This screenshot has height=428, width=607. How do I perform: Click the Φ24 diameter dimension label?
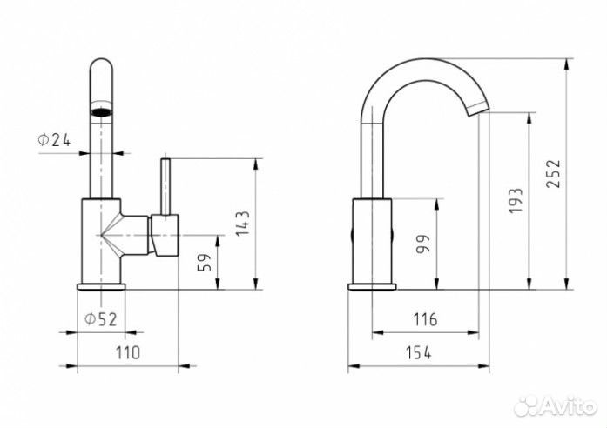53,139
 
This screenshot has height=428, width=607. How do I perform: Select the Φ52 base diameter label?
100,319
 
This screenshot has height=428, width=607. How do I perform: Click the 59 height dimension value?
206,262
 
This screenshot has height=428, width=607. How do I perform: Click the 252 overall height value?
555,174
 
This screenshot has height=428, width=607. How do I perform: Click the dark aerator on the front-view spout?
102,111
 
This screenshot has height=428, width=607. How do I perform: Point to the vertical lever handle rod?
165,184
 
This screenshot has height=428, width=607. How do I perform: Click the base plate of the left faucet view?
101,286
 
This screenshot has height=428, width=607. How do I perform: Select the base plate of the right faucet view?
372,286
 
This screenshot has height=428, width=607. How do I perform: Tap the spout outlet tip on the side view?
478,108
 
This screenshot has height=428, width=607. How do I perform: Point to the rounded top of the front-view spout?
102,68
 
